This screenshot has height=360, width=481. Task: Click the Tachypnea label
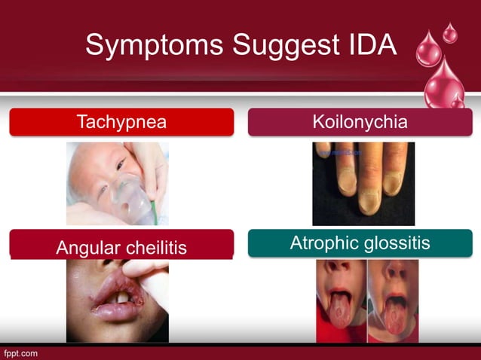pos(121,122)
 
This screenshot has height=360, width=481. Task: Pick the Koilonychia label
pos(360,122)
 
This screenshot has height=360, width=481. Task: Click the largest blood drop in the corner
pos(444,79)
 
